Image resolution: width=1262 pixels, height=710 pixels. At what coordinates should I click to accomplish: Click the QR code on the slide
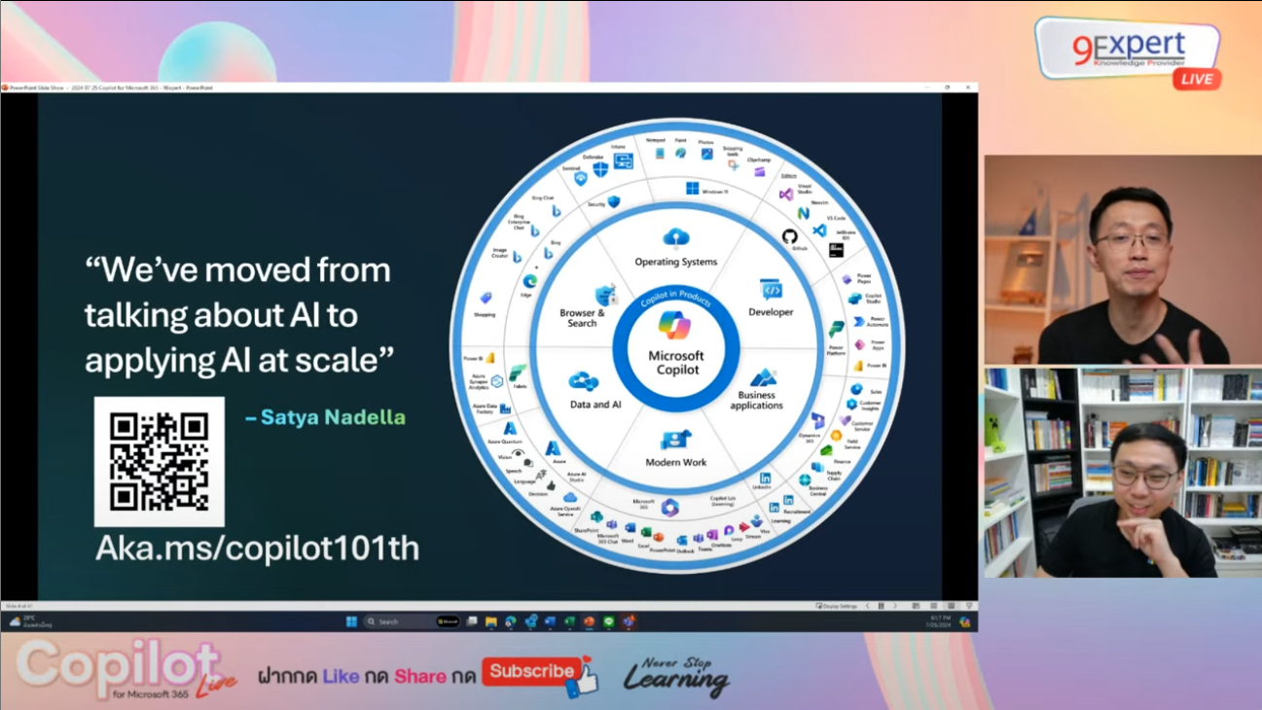[159, 461]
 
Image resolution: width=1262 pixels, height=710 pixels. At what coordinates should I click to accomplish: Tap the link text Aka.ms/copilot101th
[257, 549]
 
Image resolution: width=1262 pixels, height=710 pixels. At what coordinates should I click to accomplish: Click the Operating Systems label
[675, 262]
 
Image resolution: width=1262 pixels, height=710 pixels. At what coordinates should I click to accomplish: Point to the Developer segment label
[771, 312]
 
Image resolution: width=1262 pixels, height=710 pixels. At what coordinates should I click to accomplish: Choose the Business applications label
[757, 400]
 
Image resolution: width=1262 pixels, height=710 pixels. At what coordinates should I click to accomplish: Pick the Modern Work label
[676, 462]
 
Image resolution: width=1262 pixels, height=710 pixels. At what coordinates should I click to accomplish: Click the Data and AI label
[595, 404]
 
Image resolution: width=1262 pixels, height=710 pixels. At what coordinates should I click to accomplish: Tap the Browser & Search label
[582, 318]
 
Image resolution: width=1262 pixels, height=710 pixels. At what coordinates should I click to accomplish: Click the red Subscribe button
[533, 671]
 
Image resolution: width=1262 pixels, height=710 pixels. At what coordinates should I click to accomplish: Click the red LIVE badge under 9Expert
[1196, 79]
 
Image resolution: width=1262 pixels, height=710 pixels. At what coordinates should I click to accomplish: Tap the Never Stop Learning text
[677, 676]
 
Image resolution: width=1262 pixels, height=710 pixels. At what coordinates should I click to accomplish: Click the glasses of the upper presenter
[1130, 240]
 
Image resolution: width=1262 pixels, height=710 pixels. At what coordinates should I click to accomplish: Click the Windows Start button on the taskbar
[351, 621]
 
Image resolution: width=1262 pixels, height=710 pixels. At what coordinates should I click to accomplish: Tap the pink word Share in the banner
[419, 676]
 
